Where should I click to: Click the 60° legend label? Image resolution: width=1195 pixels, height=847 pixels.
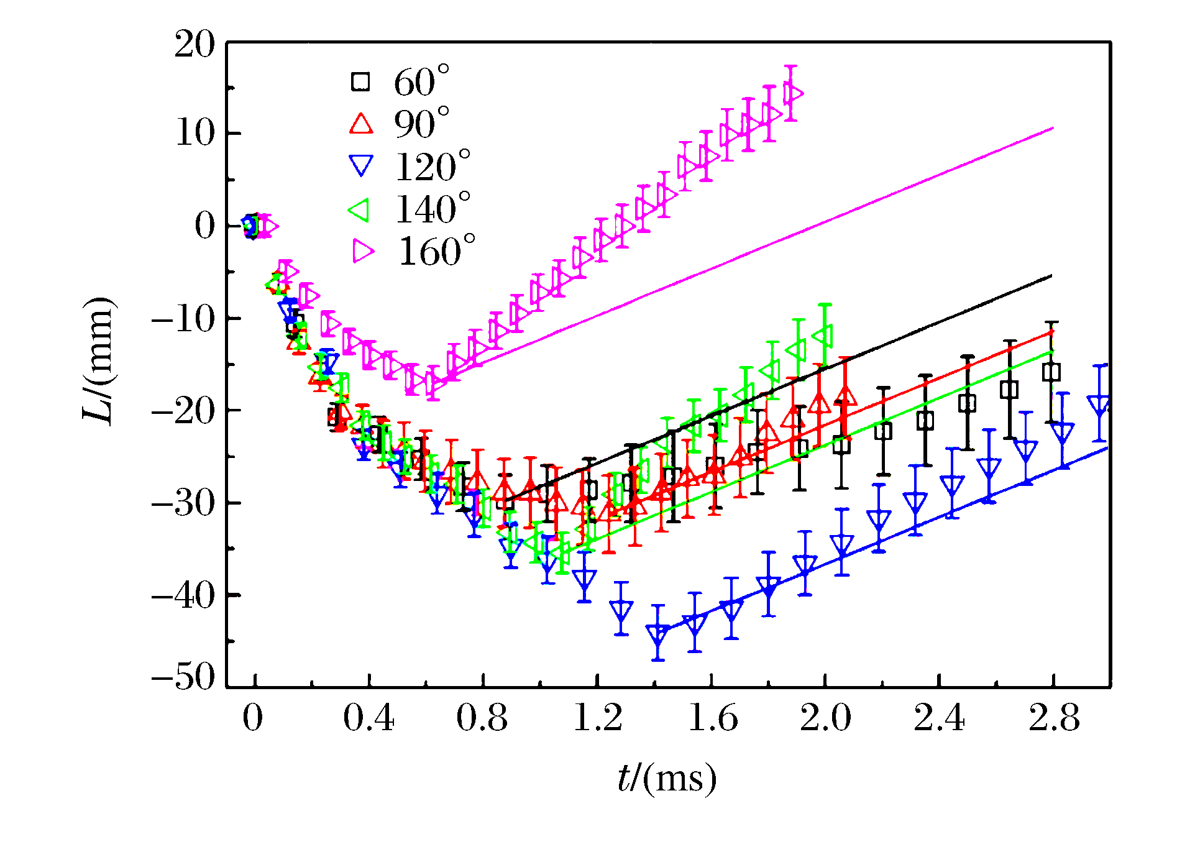(x=421, y=81)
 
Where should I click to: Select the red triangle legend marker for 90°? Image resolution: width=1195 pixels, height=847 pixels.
(x=361, y=123)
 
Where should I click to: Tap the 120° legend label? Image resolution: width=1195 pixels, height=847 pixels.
(x=433, y=167)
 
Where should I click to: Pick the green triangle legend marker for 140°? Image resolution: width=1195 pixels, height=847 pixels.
(x=360, y=209)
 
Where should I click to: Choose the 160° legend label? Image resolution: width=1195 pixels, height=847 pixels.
(x=436, y=252)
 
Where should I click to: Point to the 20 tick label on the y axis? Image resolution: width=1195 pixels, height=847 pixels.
(x=195, y=45)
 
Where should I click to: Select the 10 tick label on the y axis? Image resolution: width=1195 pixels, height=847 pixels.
(x=195, y=134)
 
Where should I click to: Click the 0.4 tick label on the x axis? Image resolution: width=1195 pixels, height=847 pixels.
(x=369, y=719)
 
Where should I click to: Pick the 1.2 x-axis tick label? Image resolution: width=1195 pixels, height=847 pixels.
(x=597, y=719)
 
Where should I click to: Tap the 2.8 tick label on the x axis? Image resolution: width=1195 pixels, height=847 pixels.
(x=1054, y=719)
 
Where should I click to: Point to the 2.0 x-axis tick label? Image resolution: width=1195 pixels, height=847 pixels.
(x=825, y=719)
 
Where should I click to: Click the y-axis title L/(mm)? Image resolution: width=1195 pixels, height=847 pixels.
(x=99, y=360)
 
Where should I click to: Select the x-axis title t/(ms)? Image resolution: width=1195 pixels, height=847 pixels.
(x=667, y=779)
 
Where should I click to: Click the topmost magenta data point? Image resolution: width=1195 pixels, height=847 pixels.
(x=792, y=93)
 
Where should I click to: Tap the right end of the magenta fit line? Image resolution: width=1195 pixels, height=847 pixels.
(x=1053, y=128)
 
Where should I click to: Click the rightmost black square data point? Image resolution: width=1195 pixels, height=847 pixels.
(x=1051, y=372)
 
